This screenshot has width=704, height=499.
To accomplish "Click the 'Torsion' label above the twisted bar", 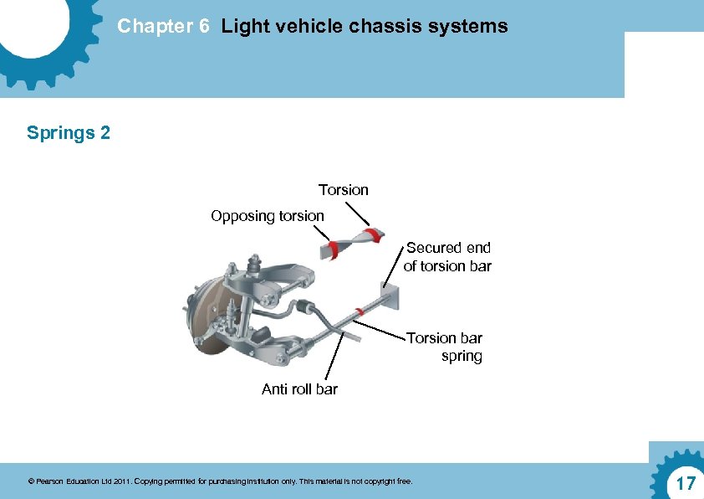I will (343, 190).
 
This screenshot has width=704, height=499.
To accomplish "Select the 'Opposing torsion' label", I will (267, 216).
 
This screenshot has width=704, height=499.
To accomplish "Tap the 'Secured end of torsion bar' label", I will (447, 257).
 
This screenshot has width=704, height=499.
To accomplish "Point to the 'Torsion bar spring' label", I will (445, 347).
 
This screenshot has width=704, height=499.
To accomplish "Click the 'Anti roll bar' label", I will (299, 389).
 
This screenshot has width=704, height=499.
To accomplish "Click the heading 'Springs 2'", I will (69, 132).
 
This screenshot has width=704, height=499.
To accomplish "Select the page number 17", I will (686, 483).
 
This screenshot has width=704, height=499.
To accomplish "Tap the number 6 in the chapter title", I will (203, 27).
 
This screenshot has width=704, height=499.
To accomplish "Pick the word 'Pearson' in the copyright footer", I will (48, 481).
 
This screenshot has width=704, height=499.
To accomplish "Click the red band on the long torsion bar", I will (359, 312).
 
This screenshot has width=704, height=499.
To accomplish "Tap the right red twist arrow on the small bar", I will (373, 235).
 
